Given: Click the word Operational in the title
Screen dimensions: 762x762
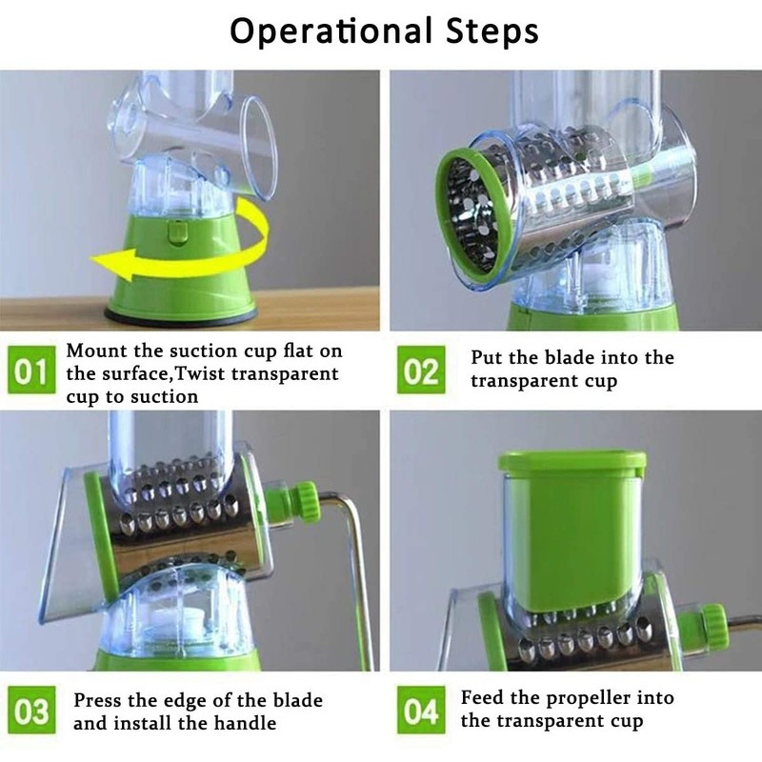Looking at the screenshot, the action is click(x=331, y=31).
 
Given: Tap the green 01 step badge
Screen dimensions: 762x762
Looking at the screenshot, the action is click(x=30, y=371).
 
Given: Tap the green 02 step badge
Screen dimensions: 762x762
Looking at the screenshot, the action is click(x=421, y=371).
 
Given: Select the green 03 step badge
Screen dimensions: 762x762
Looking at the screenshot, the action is click(x=30, y=710).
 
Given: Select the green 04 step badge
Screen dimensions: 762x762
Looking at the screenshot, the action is click(x=421, y=710).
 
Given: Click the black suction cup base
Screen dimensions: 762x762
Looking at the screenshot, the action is click(x=181, y=316).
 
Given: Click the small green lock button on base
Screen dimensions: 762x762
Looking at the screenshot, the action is click(x=178, y=231).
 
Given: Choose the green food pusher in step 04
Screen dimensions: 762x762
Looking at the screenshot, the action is click(x=572, y=530).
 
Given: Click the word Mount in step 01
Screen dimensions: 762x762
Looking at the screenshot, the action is click(x=97, y=351).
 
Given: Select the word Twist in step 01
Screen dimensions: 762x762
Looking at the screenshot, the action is click(x=198, y=373).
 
